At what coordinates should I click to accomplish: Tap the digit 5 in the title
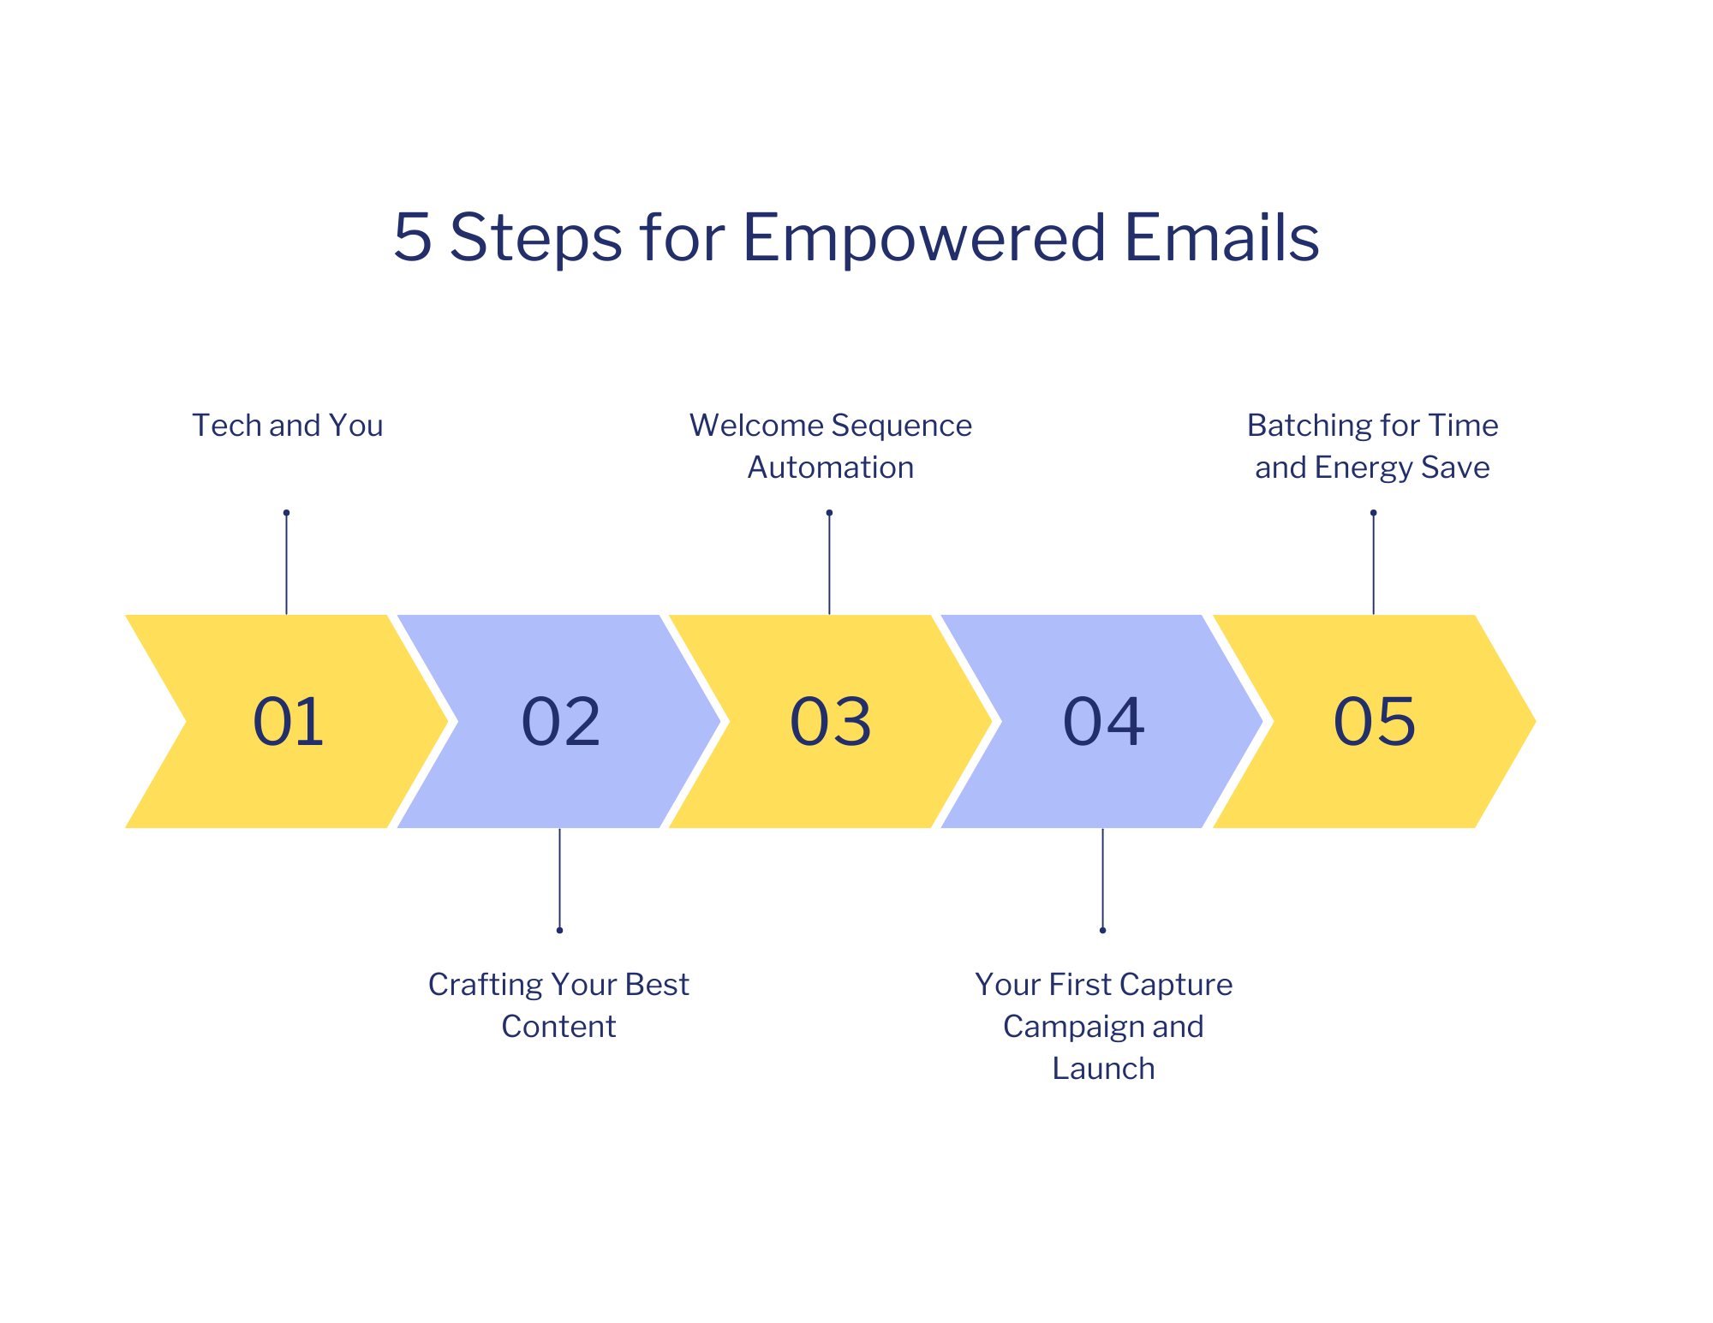point(412,237)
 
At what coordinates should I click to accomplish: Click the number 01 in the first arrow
point(289,722)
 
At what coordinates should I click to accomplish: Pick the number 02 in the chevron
point(561,722)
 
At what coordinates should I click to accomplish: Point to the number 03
point(831,722)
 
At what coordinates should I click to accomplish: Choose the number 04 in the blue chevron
point(1103,722)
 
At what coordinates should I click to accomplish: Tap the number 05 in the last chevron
point(1375,722)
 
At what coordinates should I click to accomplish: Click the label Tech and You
point(288,426)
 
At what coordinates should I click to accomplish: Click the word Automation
point(831,468)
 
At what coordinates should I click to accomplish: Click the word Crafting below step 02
point(484,986)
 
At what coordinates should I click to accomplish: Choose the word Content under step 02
point(558,1027)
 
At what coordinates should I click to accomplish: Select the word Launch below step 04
point(1103,1069)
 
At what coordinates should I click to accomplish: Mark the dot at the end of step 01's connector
point(286,513)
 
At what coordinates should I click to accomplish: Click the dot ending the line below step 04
point(1102,930)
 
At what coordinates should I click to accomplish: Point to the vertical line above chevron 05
point(1373,563)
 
